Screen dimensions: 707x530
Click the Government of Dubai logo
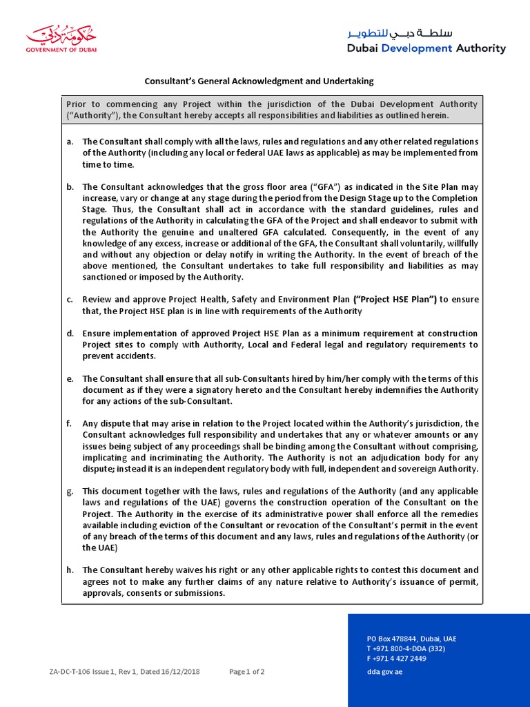(61, 39)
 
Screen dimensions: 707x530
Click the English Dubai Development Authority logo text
(426, 48)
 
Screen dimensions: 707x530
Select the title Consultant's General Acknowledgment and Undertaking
(259, 81)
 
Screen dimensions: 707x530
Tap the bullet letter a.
(70, 142)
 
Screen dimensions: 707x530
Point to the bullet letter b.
(70, 187)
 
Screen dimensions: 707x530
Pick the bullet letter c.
(70, 300)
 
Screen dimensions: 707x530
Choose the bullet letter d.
(70, 333)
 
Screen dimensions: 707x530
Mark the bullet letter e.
(70, 379)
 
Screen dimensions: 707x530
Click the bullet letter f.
(70, 423)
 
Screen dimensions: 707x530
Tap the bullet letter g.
(70, 491)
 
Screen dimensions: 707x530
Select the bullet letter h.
(70, 570)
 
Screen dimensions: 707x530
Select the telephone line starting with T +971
(406, 648)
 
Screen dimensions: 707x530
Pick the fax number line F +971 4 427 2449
(396, 658)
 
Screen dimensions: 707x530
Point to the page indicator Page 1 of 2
(246, 671)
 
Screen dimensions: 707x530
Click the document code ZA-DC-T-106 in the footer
(72, 671)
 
